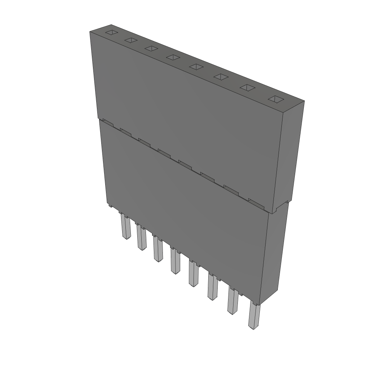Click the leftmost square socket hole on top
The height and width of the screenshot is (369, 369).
coord(111,33)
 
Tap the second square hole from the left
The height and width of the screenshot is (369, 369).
coord(131,40)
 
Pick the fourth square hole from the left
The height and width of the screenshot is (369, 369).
coord(173,57)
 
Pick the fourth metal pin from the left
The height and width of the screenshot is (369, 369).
coord(175,262)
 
